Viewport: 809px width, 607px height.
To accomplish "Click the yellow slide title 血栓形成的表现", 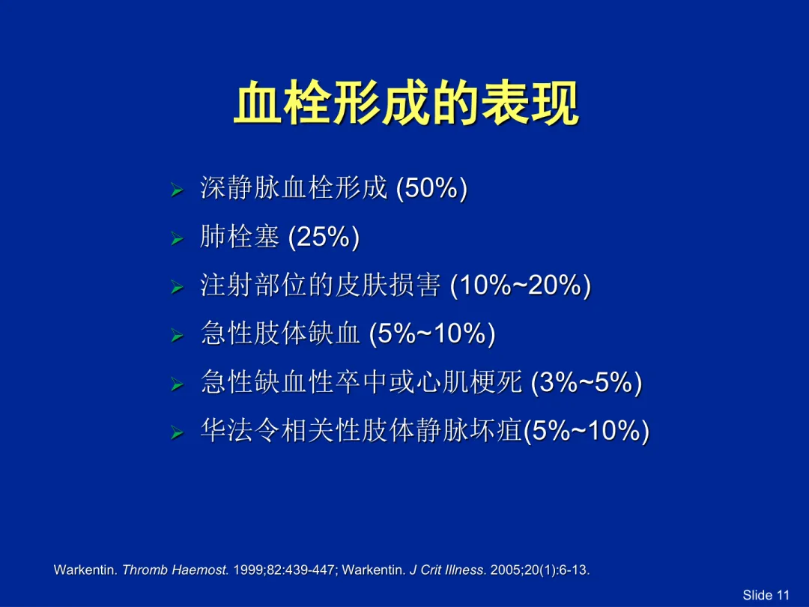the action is [x=406, y=103].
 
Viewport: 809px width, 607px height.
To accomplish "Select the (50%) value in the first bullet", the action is [x=431, y=187].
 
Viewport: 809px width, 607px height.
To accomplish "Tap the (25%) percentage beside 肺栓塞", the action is [x=324, y=237].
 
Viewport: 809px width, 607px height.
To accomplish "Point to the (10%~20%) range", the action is [x=521, y=285].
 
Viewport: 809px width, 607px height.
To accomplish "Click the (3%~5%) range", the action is [x=587, y=382].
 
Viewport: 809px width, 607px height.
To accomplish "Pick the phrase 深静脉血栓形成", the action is [x=294, y=187].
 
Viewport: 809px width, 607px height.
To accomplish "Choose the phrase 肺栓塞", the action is [x=240, y=237].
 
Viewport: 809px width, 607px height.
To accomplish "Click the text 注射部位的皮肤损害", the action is [x=321, y=285].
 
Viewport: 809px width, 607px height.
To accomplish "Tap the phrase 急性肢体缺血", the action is [x=280, y=333].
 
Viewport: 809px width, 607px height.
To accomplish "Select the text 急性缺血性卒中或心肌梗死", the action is [x=361, y=382].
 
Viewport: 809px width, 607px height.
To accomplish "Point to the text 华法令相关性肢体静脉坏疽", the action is [x=361, y=430].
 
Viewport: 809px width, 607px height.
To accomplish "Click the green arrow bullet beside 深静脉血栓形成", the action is [x=177, y=190].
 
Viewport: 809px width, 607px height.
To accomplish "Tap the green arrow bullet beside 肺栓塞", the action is [x=177, y=239].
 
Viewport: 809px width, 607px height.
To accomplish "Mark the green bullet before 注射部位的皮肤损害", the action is [x=177, y=287].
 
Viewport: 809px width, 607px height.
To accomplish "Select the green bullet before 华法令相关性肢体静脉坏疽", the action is [x=177, y=432].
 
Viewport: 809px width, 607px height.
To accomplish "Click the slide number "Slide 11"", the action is [x=766, y=595].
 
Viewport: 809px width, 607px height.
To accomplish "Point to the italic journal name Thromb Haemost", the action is [x=175, y=570].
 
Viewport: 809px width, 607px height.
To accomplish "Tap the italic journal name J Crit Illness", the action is [x=446, y=570].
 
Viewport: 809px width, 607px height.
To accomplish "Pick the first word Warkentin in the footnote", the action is [x=85, y=570].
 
